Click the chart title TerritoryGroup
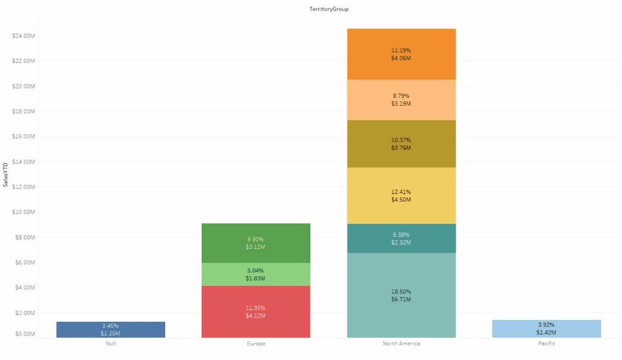tap(329, 9)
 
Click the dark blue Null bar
tap(111, 330)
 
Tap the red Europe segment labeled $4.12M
tap(255, 311)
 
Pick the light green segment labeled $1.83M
tap(255, 274)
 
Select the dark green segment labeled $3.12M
tap(255, 243)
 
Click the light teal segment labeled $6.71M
tap(401, 295)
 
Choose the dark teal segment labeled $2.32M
tap(401, 238)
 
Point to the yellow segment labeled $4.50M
tap(401, 195)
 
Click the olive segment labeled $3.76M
tap(401, 143)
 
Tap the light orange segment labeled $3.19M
tap(401, 100)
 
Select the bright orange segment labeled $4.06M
tap(401, 54)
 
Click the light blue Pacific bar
tap(546, 328)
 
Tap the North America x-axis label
tap(401, 344)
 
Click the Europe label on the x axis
tap(255, 344)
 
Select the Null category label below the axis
tap(111, 344)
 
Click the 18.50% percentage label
tap(401, 291)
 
